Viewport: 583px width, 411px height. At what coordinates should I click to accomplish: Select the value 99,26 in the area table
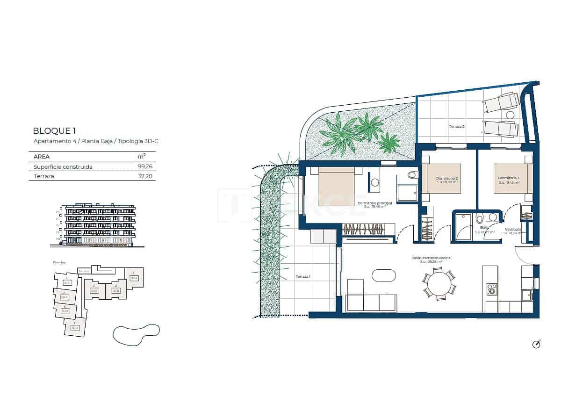click(145, 166)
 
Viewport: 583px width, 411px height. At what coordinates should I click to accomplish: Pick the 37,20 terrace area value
click(145, 176)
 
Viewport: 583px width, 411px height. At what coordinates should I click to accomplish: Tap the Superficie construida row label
click(63, 166)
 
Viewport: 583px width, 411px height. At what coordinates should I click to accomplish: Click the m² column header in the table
click(141, 157)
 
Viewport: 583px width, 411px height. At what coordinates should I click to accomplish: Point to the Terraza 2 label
click(456, 126)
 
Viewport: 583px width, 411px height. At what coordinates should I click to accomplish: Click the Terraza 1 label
click(303, 277)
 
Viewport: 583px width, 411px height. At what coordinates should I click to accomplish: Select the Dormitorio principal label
click(374, 203)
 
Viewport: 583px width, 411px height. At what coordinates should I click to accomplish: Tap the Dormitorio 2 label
click(446, 179)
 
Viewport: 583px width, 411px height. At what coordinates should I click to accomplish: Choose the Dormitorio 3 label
click(509, 178)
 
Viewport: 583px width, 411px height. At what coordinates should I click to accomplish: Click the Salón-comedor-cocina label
click(431, 258)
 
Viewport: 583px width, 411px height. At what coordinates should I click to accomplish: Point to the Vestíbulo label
click(512, 230)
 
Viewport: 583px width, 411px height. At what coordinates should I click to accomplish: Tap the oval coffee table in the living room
click(384, 275)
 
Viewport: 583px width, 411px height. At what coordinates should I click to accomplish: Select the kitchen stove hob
click(491, 289)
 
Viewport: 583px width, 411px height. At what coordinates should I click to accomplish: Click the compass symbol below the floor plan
click(536, 344)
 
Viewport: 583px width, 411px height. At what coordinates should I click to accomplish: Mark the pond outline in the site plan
click(136, 334)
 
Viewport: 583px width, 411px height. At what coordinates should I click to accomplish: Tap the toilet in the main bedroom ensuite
click(413, 175)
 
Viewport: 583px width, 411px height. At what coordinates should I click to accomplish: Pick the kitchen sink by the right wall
click(527, 295)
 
